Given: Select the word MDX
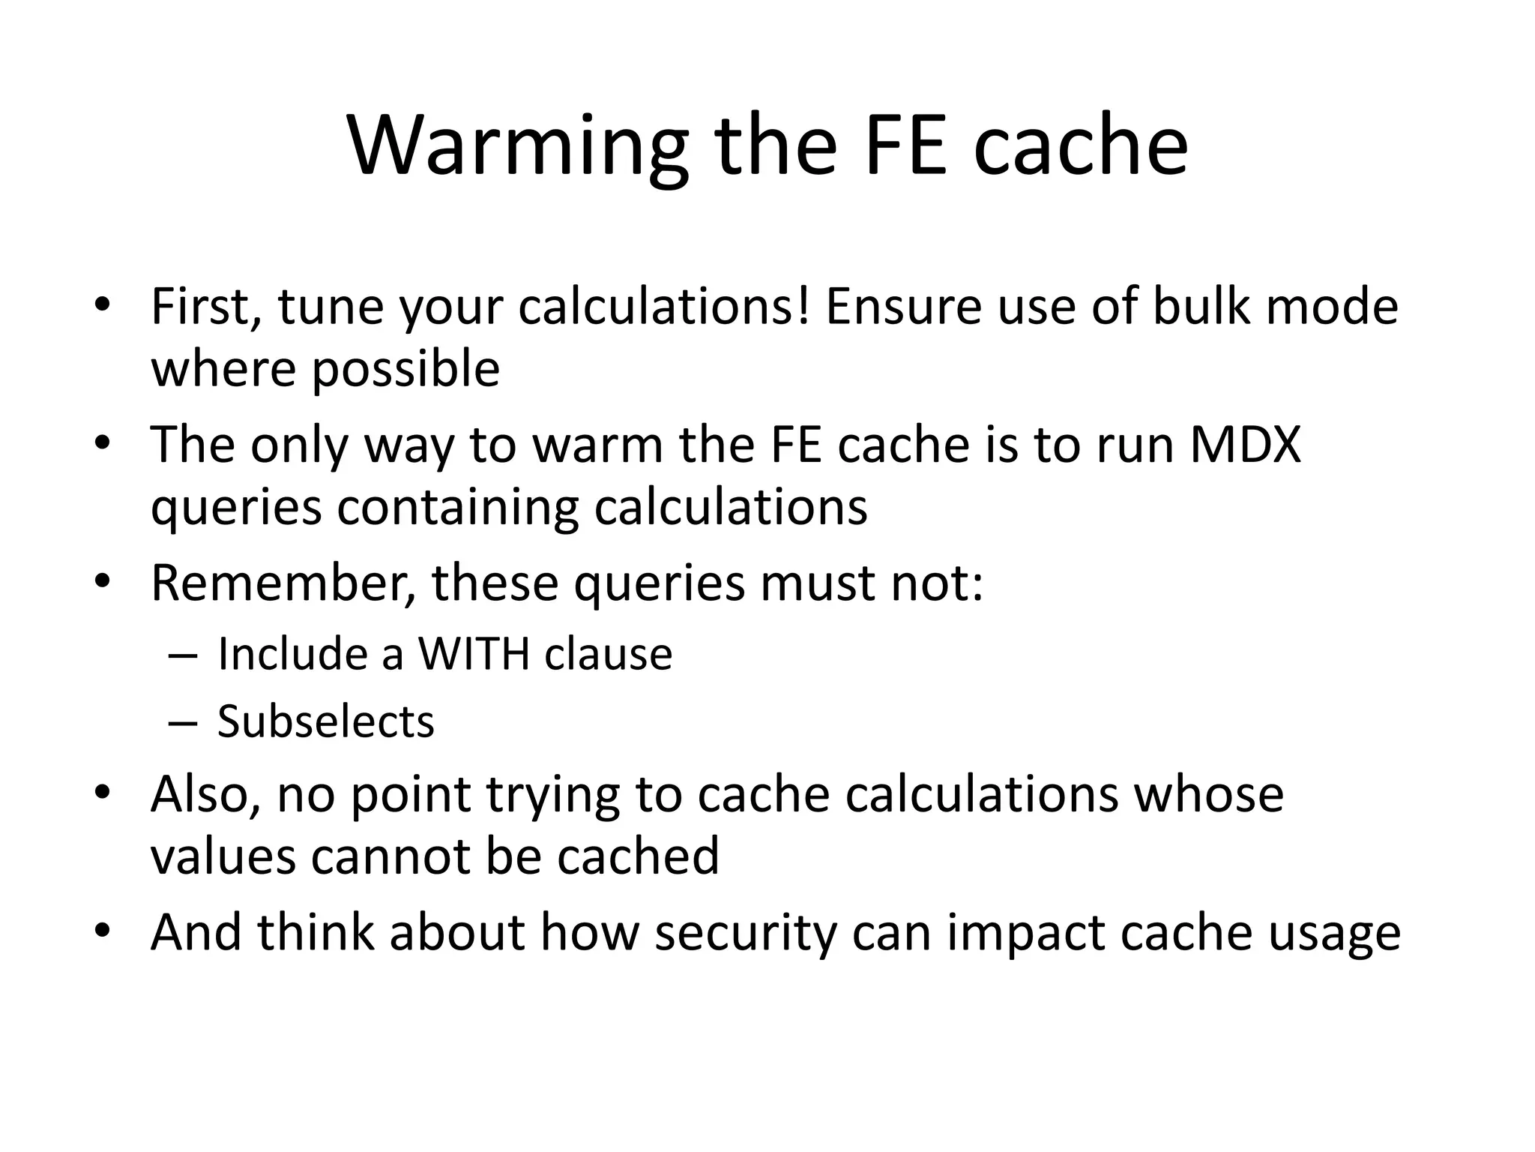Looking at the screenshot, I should [x=1245, y=445].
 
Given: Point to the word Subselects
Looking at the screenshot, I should [x=326, y=721].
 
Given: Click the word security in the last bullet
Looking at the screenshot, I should [x=745, y=932].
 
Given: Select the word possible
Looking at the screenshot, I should [x=405, y=370].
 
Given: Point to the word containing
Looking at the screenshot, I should [x=458, y=508].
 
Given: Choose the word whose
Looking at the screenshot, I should [x=1208, y=794].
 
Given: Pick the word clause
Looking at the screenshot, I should [x=608, y=654].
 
